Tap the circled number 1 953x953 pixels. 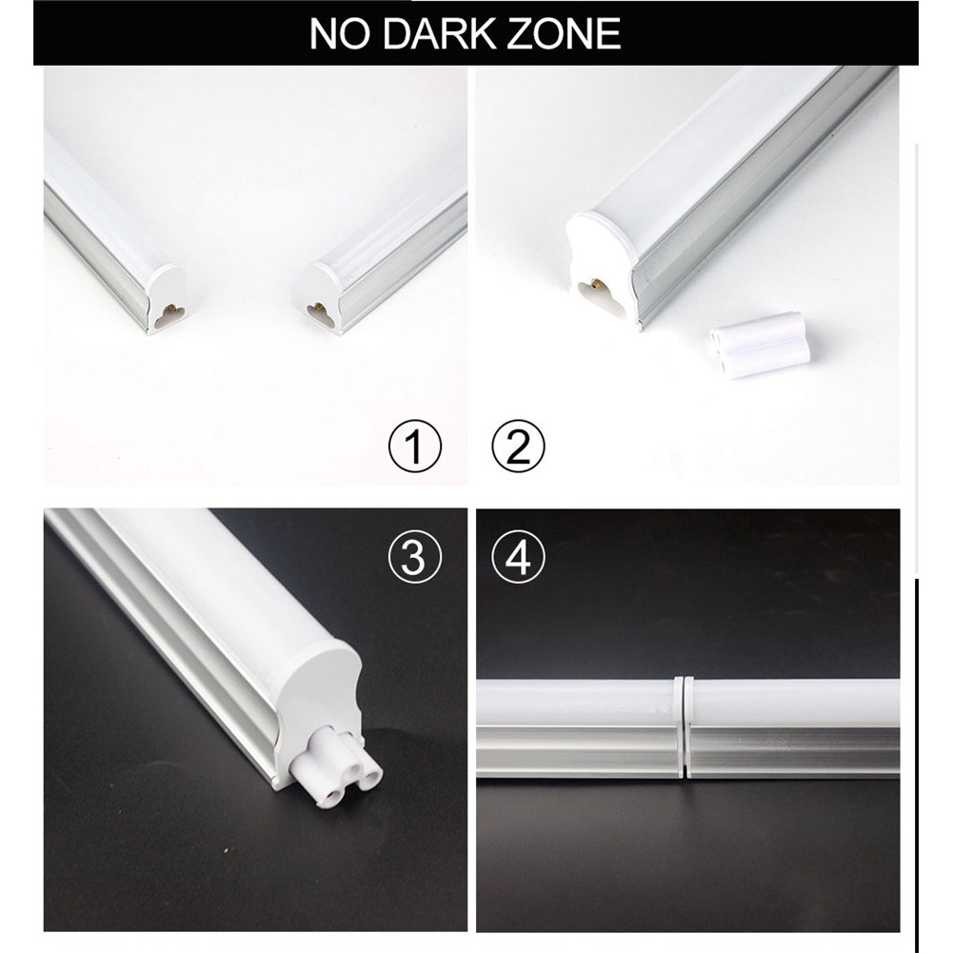point(415,447)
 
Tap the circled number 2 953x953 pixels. point(518,447)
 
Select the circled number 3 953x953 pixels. point(415,557)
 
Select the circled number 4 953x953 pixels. point(518,557)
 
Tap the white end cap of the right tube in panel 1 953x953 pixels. point(316,295)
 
